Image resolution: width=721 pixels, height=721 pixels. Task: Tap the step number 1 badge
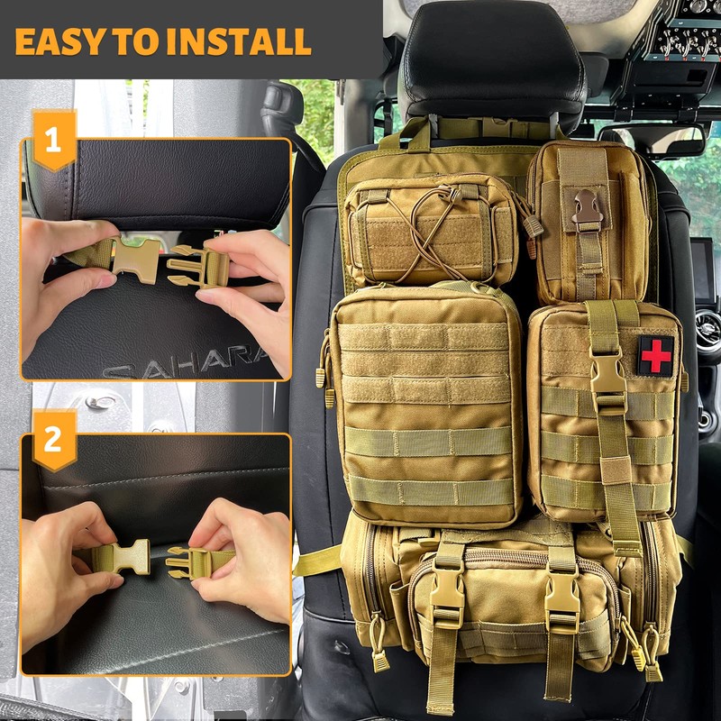[53, 141]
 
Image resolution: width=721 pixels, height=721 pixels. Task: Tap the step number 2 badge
[53, 439]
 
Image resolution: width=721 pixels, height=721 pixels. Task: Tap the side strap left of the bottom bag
[316, 561]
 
